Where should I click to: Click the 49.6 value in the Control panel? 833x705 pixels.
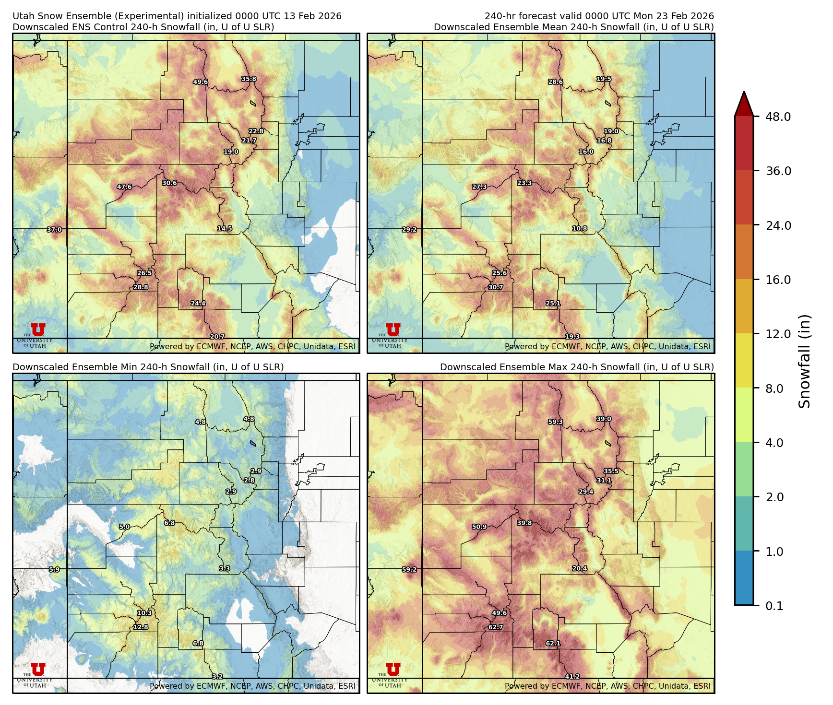pyautogui.click(x=200, y=82)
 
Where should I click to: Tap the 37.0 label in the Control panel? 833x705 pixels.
pyautogui.click(x=54, y=230)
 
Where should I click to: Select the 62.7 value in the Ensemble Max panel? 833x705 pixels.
pyautogui.click(x=496, y=627)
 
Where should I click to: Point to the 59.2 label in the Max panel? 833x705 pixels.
pyautogui.click(x=409, y=570)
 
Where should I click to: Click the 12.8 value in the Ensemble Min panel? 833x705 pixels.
pyautogui.click(x=141, y=627)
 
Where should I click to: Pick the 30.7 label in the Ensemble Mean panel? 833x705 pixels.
pyautogui.click(x=496, y=287)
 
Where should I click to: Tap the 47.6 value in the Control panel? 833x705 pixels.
pyautogui.click(x=124, y=187)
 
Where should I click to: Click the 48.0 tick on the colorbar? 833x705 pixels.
pyautogui.click(x=778, y=117)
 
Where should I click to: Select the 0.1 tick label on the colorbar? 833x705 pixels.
pyautogui.click(x=773, y=606)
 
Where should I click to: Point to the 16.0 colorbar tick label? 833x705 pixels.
pyautogui.click(x=778, y=280)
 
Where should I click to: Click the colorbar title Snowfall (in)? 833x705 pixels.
pyautogui.click(x=805, y=361)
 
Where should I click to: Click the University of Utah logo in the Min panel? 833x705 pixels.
pyautogui.click(x=38, y=673)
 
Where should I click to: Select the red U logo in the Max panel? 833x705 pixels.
pyautogui.click(x=393, y=669)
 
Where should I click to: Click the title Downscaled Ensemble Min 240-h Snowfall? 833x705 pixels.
pyautogui.click(x=148, y=367)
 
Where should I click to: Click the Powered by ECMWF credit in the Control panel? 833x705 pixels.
pyautogui.click(x=252, y=346)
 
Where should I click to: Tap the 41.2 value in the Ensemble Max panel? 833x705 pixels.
pyautogui.click(x=572, y=677)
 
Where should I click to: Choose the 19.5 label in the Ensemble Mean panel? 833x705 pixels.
pyautogui.click(x=604, y=79)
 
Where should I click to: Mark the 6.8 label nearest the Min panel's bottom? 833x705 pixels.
pyautogui.click(x=198, y=643)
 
